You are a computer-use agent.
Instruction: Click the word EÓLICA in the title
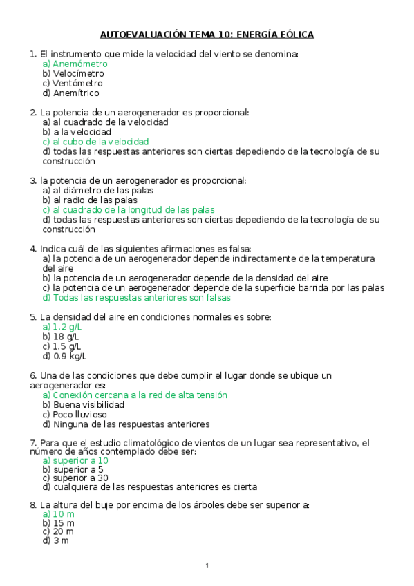(x=291, y=34)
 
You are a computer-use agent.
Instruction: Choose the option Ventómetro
(x=73, y=83)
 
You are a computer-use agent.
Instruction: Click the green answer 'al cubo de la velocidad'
(x=95, y=142)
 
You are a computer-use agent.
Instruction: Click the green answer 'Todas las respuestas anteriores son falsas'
(x=136, y=298)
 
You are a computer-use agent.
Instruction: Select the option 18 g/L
(x=61, y=337)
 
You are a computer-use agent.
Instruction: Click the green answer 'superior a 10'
(x=75, y=460)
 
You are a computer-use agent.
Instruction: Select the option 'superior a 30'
(x=75, y=477)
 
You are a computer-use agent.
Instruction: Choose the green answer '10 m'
(x=58, y=514)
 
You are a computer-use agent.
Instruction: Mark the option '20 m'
(x=58, y=531)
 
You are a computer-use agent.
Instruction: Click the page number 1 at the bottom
(x=207, y=567)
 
